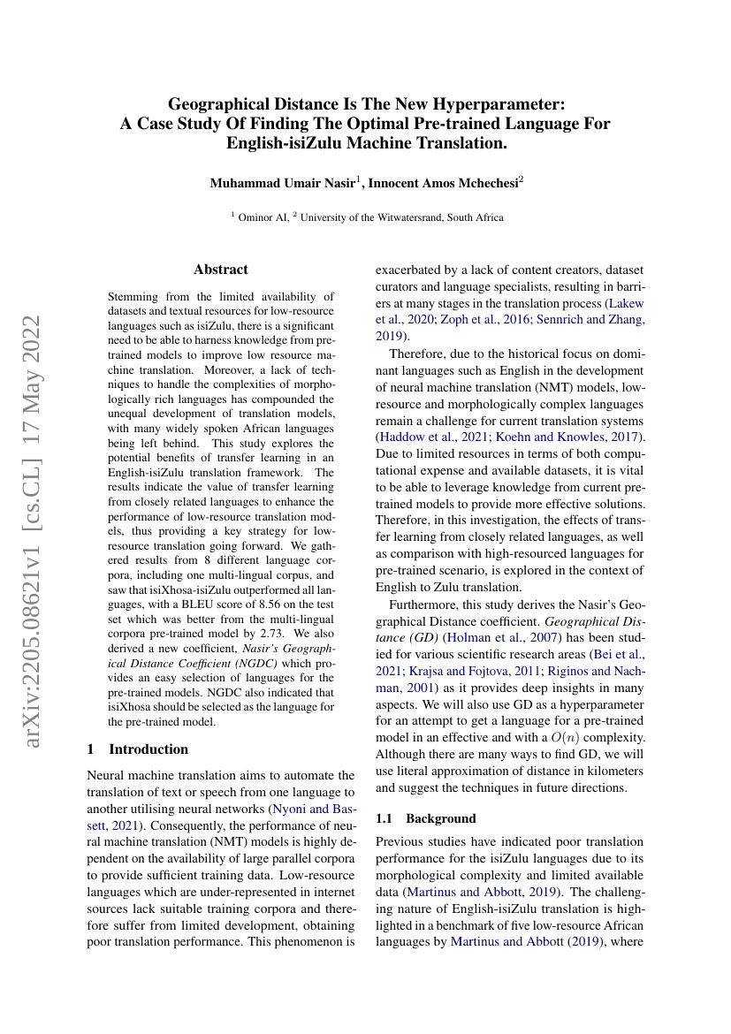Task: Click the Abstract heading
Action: coord(220,270)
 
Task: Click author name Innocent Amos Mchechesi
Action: coord(444,184)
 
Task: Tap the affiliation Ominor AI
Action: coord(263,217)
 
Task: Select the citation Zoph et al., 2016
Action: coord(475,320)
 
